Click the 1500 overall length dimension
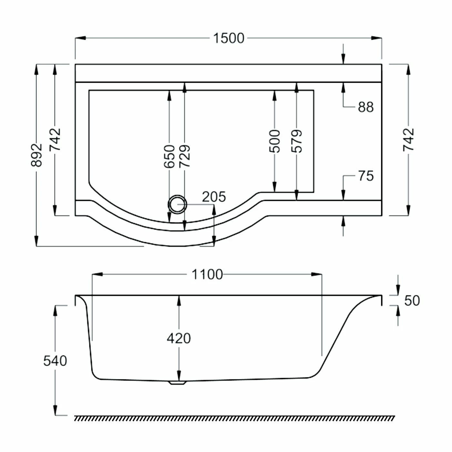click(229, 38)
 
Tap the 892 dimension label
click(37, 155)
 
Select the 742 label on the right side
click(408, 139)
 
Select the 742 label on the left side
click(55, 139)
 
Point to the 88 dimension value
click(365, 107)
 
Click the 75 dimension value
click(365, 176)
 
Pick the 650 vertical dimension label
click(169, 157)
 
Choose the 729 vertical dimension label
click(185, 157)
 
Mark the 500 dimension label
click(274, 141)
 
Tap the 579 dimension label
click(296, 141)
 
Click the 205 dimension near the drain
click(214, 197)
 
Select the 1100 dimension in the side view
click(207, 274)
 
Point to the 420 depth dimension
click(179, 338)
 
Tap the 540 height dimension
click(55, 361)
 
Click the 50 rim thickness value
click(412, 301)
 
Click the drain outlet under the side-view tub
click(177, 383)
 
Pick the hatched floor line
click(234, 418)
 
